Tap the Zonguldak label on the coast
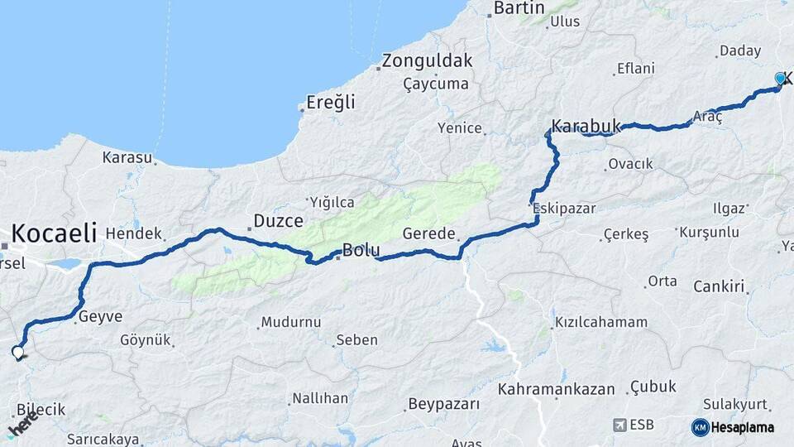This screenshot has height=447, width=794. pos(428,60)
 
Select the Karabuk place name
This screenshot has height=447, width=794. pos(586,126)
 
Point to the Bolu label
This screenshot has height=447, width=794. pos(361,249)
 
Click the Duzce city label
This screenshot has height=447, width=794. pos(278,220)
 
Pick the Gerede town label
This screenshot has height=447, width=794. pos(428,234)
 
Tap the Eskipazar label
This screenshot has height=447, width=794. pos(564,208)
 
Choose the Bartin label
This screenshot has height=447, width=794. pos(519,8)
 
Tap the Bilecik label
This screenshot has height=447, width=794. pos(41,410)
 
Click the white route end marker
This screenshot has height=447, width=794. pos(18,353)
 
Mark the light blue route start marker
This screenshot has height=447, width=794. pos(780,79)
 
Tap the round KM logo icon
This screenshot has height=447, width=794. pos(700,427)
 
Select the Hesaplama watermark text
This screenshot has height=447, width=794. pos(742,427)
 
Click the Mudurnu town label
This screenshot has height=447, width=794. pos(290,322)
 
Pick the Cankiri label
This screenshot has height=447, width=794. pos(720,287)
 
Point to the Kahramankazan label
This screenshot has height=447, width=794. pos(557,389)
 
